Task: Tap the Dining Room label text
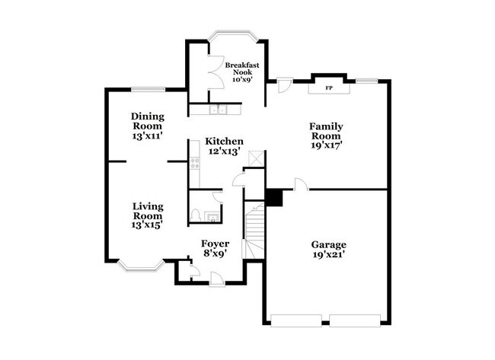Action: (147, 122)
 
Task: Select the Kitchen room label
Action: (224, 142)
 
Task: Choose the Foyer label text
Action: (215, 244)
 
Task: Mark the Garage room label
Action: (328, 245)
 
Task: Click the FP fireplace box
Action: (329, 88)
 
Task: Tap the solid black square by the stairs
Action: (273, 197)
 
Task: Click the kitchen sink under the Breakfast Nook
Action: (219, 110)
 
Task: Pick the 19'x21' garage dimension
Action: (328, 256)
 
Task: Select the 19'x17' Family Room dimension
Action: (326, 143)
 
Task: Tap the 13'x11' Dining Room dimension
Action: (147, 136)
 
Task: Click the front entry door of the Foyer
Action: (216, 278)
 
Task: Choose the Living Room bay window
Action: (140, 264)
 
